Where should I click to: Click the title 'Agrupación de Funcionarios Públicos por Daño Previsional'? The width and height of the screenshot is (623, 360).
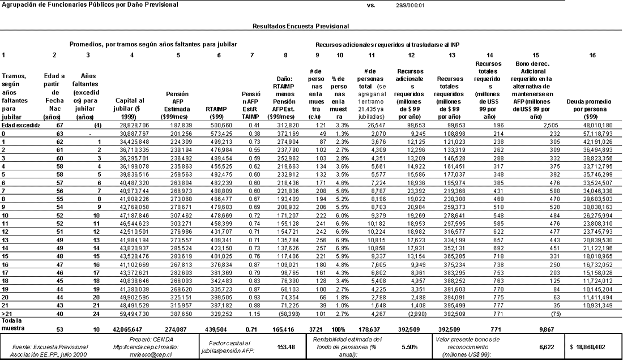point(89,5)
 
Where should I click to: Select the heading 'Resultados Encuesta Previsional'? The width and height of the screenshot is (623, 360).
point(300,26)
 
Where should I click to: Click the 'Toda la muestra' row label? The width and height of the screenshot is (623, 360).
point(11,323)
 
